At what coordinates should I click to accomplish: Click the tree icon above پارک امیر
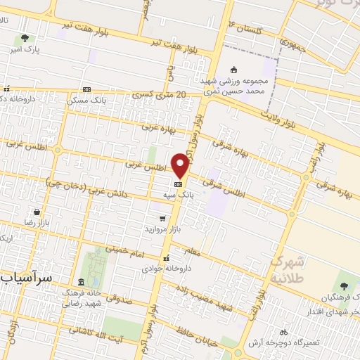(25, 39)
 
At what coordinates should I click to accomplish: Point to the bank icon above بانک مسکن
(86, 89)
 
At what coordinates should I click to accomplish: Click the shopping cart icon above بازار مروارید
(163, 218)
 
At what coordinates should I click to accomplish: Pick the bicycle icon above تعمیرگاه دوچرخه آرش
(283, 331)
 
